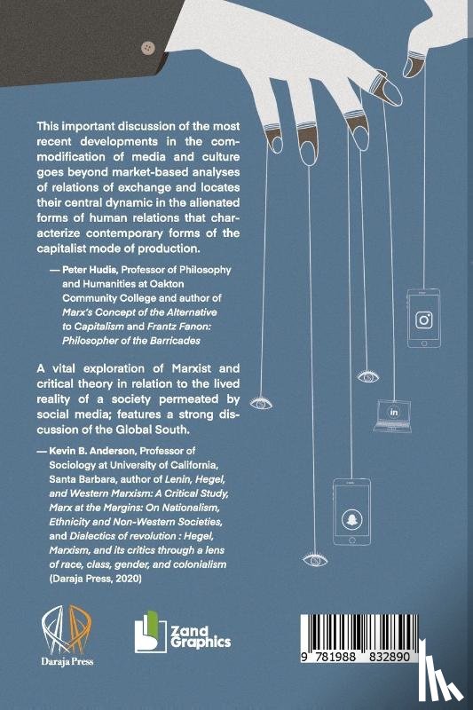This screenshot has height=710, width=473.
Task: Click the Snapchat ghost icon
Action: tap(348, 517)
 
